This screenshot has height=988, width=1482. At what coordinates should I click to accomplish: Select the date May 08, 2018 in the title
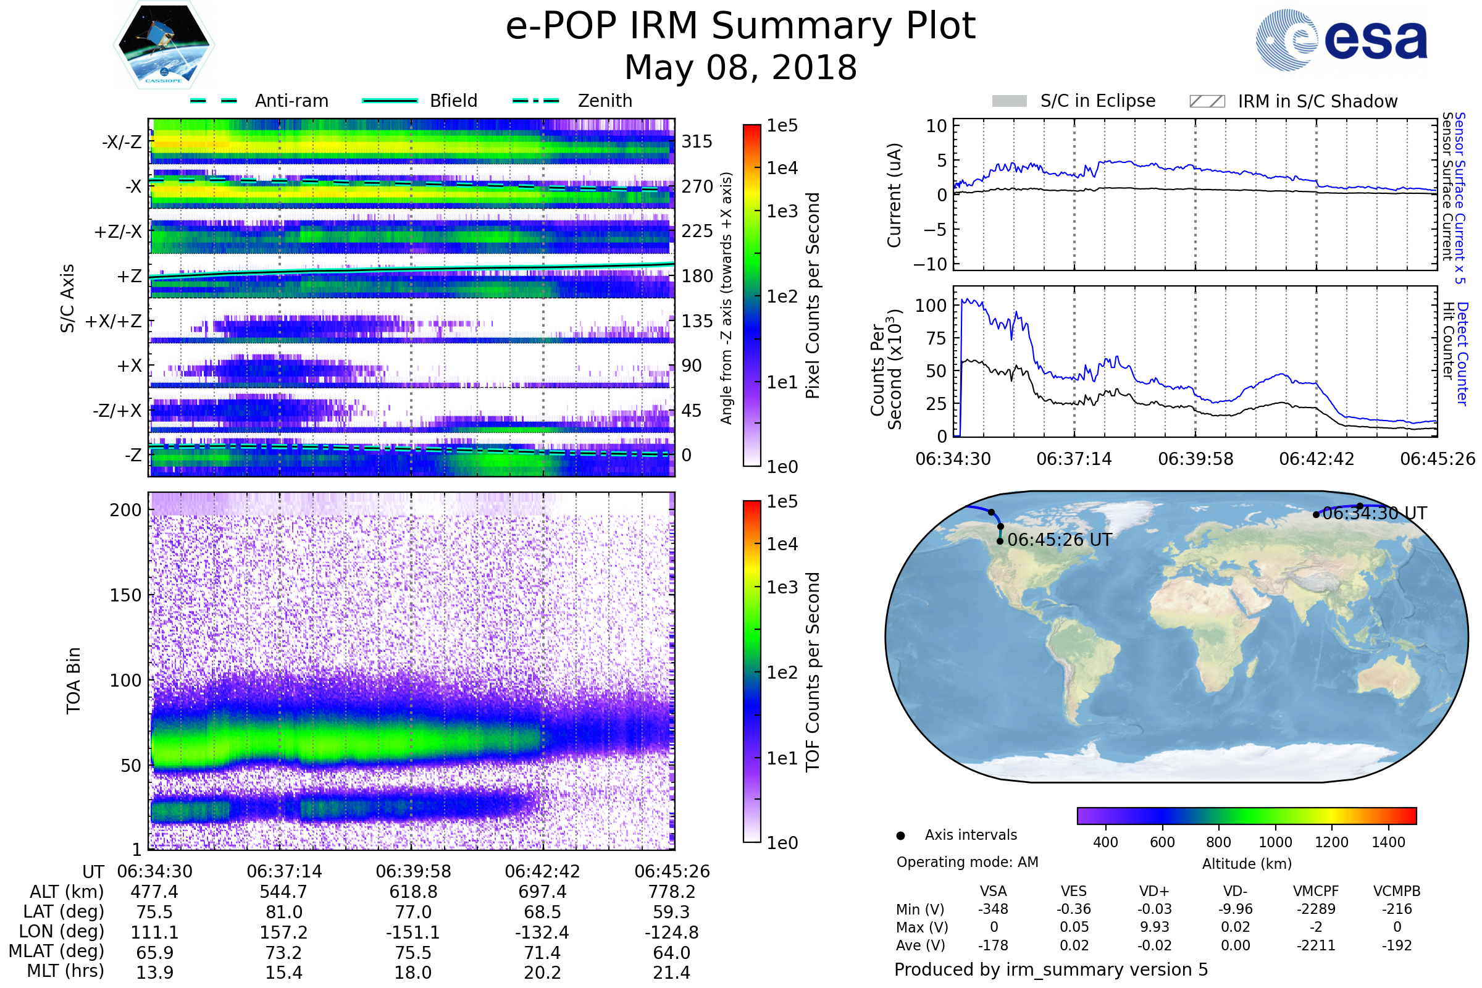pos(740,67)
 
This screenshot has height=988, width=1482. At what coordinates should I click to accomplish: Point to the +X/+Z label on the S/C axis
pos(114,321)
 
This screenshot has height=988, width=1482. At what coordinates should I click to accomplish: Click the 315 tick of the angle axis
pos(697,141)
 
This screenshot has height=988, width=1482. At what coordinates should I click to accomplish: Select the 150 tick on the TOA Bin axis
pos(125,595)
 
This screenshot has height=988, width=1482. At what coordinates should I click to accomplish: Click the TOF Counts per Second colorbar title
pos(813,672)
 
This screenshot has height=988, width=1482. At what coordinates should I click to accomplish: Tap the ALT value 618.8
pos(412,892)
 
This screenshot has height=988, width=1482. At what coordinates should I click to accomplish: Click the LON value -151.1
pos(412,932)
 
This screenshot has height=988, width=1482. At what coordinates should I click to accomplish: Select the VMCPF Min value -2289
pos(1316,909)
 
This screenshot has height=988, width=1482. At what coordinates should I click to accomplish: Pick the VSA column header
pos(993,892)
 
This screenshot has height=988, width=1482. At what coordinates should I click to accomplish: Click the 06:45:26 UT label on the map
pos(1059,540)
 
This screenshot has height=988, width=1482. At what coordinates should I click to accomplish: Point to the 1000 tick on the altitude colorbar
pos(1275,842)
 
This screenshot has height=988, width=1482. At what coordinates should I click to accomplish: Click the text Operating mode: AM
pos(967,862)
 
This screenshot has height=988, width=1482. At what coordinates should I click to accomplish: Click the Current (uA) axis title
pos(894,195)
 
